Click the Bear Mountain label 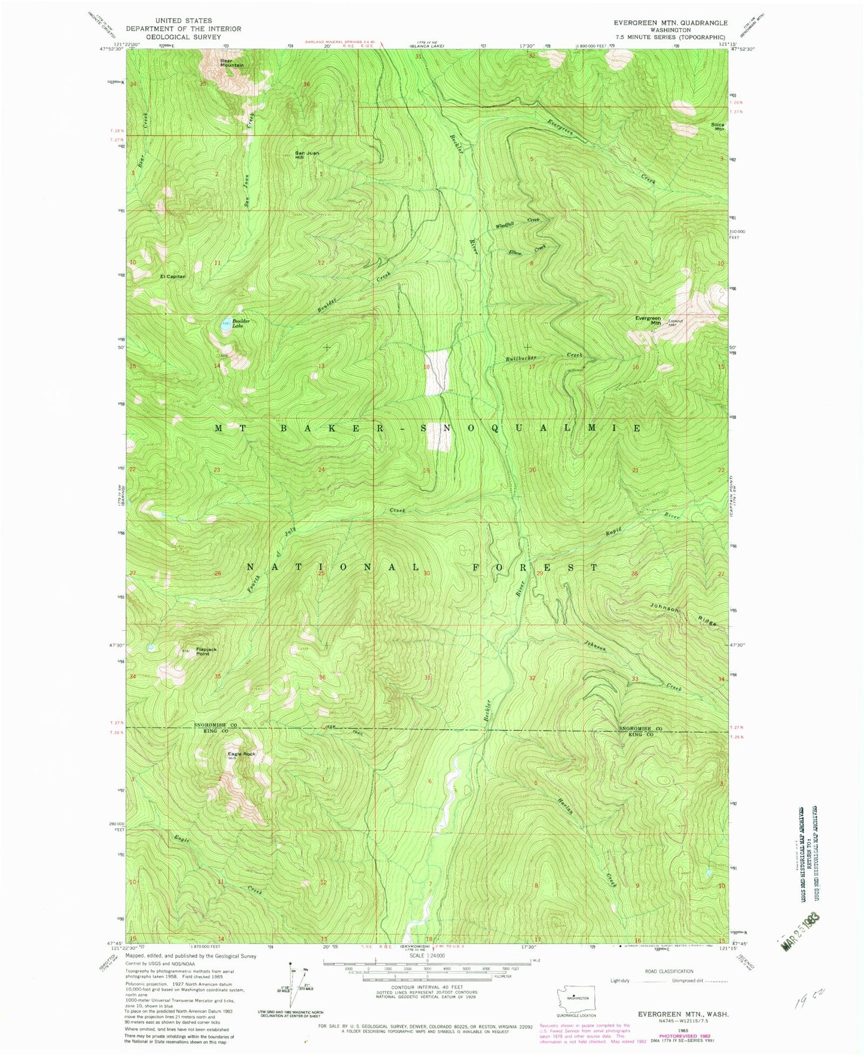point(231,62)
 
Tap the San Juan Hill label point(307,155)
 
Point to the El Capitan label point(173,276)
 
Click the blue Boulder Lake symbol point(223,323)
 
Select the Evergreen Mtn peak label point(648,320)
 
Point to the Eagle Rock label point(242,754)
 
